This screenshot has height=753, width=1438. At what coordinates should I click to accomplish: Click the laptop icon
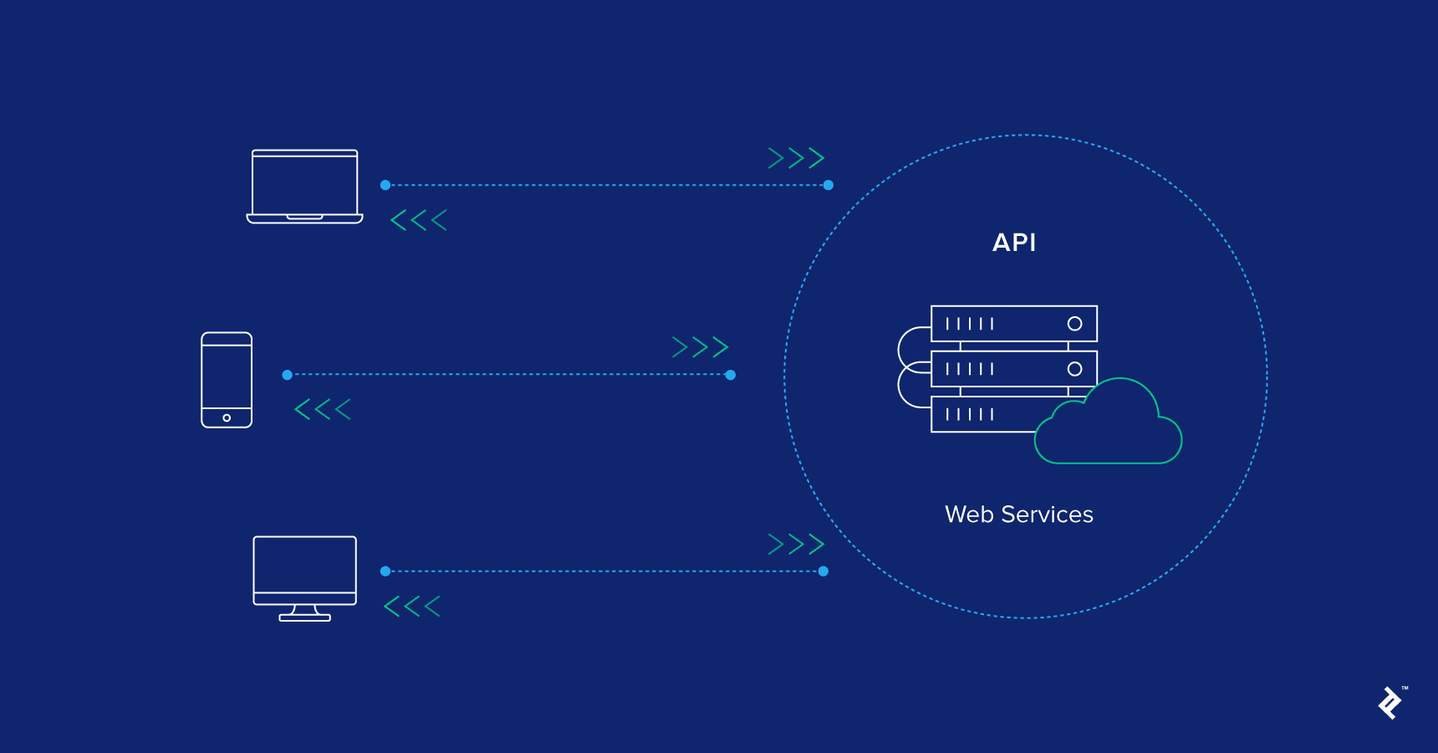point(304,186)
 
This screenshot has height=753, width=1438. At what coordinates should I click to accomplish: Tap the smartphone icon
point(227,380)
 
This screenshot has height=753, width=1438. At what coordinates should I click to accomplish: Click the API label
point(1013,243)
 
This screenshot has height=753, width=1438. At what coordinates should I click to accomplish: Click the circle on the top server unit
point(1074,324)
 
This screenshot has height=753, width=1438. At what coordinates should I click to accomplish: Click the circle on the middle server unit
point(1074,369)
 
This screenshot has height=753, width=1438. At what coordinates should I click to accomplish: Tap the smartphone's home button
point(227,417)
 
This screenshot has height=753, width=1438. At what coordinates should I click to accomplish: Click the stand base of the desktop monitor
point(304,617)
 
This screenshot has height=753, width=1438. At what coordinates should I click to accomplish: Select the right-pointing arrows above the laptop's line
point(796,158)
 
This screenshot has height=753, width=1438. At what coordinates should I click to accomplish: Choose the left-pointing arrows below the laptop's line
point(419,220)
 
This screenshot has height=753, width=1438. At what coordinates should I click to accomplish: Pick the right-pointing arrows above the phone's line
point(700,347)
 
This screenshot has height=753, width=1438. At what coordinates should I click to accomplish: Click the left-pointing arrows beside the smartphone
point(323,409)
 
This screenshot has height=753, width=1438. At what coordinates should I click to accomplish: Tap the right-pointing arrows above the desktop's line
point(796,545)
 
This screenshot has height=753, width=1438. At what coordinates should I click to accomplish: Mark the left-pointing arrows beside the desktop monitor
point(412,607)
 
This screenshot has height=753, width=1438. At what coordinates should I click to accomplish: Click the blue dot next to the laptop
point(385,185)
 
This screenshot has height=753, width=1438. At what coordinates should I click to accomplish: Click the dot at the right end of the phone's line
point(731,375)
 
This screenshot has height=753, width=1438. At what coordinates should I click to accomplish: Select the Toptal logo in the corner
point(1390,703)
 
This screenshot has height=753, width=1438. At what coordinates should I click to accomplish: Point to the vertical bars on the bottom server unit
point(969,414)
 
